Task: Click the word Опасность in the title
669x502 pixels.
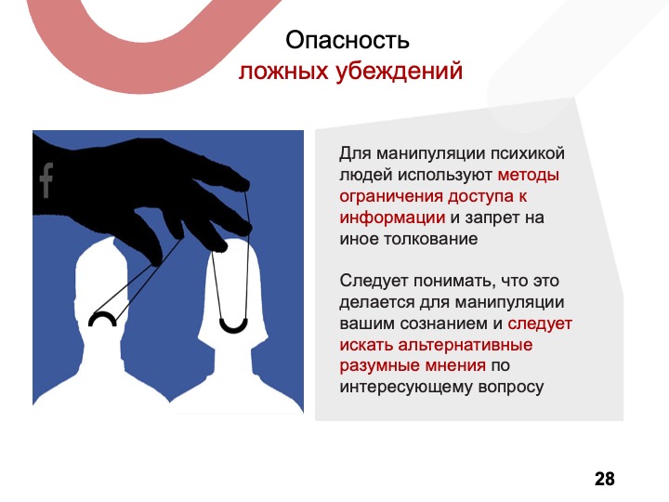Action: click(x=348, y=41)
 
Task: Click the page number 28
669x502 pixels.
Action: click(x=605, y=479)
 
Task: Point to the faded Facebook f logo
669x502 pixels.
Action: click(x=46, y=180)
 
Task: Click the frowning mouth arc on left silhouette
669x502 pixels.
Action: click(x=102, y=319)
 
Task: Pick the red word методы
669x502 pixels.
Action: click(x=528, y=175)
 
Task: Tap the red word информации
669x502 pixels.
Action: click(x=392, y=218)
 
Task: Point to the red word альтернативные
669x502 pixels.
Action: click(x=466, y=345)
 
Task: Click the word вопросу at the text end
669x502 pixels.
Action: click(x=511, y=387)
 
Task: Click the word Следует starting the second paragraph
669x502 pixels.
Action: click(x=374, y=281)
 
